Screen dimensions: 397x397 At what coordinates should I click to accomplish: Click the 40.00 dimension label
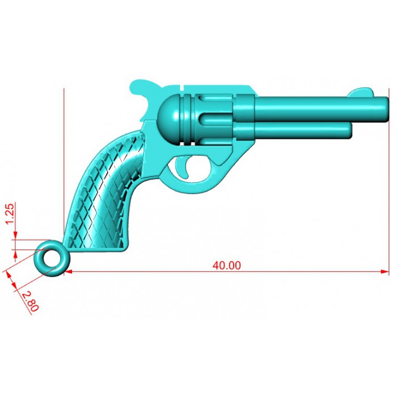tap(227, 265)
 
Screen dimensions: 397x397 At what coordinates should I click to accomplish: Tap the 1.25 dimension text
tap(10, 214)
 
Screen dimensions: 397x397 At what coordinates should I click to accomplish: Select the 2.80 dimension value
tap(30, 301)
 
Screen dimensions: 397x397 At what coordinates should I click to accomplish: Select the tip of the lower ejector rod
tap(350, 130)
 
